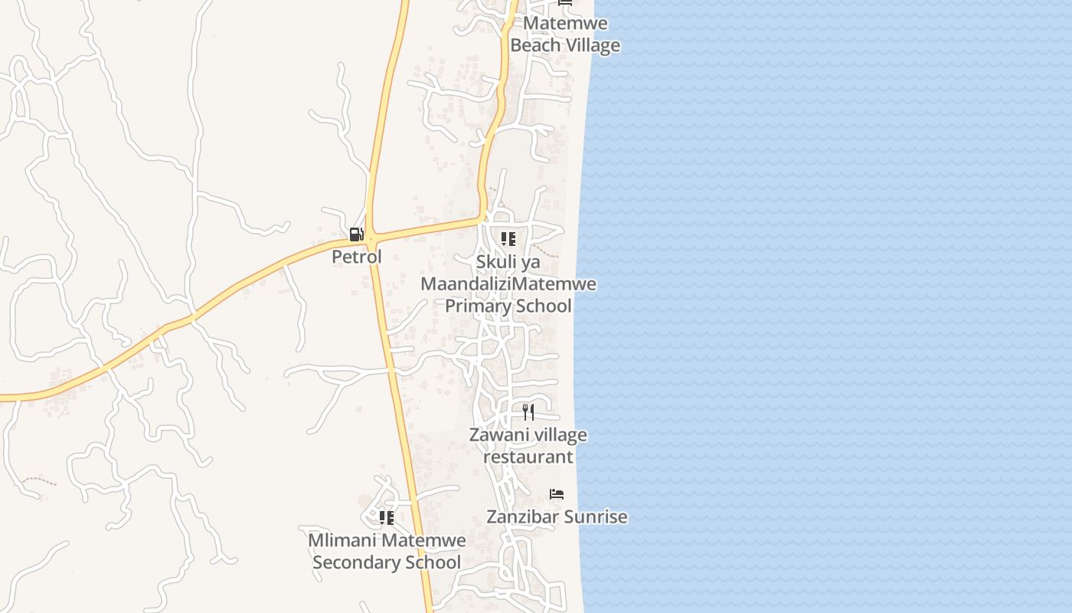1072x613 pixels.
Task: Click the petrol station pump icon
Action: point(356,234)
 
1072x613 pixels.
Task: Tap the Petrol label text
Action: point(356,257)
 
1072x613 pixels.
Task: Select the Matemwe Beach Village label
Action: point(565,34)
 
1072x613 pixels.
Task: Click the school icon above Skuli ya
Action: point(508,239)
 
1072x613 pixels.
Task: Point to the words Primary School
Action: point(508,306)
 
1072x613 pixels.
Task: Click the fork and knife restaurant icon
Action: point(528,412)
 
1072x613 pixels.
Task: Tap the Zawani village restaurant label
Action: point(528,446)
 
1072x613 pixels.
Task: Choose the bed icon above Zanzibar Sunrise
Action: point(557,494)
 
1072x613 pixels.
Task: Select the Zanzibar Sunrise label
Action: point(557,517)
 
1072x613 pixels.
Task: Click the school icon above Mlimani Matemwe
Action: point(387,518)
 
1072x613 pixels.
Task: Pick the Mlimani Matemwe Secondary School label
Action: point(387,552)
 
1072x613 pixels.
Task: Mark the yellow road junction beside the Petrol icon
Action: point(370,234)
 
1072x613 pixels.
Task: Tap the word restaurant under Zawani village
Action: point(528,457)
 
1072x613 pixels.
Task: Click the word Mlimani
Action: point(342,541)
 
